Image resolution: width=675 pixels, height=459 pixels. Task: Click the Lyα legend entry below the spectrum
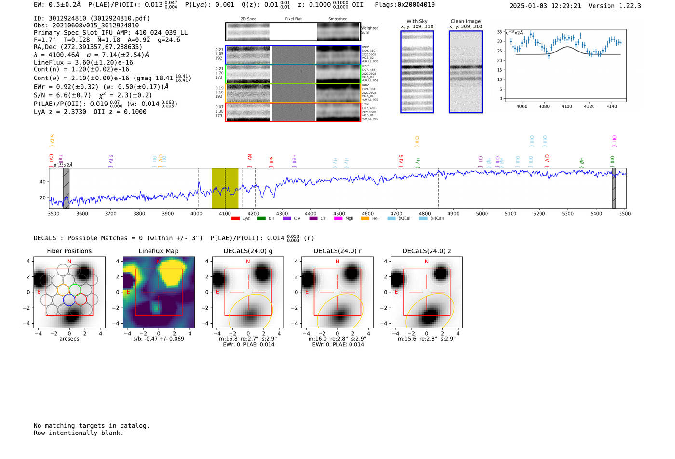(x=246, y=219)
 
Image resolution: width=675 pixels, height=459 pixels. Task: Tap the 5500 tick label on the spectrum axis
(x=625, y=213)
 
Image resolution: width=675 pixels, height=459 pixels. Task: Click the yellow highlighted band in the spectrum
(x=225, y=188)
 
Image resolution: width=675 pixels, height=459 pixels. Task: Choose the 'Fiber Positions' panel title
(x=69, y=251)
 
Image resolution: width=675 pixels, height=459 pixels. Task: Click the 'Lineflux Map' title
(x=159, y=251)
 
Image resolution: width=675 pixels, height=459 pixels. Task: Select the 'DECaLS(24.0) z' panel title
(x=427, y=251)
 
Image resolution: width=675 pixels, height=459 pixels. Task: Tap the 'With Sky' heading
(x=417, y=21)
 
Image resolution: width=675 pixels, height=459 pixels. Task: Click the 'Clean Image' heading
(x=466, y=21)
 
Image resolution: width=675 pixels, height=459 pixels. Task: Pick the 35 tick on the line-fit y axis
(x=499, y=32)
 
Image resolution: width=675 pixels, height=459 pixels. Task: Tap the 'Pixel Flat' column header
(x=293, y=19)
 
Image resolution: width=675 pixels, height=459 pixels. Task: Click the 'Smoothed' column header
(x=337, y=19)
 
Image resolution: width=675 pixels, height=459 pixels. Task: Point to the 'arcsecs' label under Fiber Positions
(x=69, y=339)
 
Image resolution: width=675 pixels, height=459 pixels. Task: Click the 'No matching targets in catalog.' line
(x=92, y=426)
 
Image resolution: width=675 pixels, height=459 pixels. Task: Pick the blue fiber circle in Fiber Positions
(x=69, y=300)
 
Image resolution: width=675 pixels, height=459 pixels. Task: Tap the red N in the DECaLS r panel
(x=337, y=262)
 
